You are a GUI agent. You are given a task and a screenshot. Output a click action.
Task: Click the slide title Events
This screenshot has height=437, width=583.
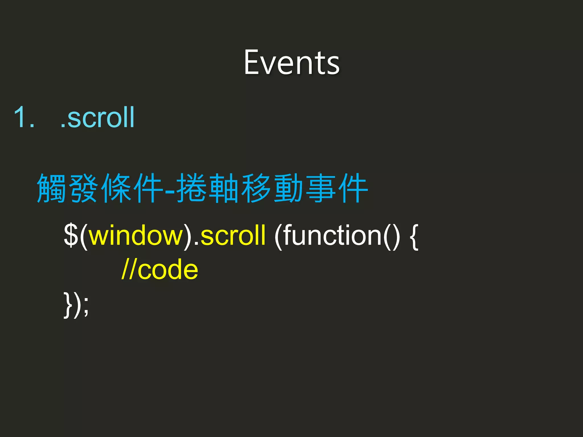[291, 63]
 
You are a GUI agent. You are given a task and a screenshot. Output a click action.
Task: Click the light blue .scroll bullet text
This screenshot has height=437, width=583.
[97, 117]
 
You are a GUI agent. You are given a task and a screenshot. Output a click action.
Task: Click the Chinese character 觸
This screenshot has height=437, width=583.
[52, 188]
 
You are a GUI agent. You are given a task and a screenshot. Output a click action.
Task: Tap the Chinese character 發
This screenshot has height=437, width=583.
[84, 188]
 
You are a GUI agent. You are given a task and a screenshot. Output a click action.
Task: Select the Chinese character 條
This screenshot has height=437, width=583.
[117, 188]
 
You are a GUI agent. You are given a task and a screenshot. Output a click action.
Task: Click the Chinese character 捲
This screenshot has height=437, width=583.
[191, 188]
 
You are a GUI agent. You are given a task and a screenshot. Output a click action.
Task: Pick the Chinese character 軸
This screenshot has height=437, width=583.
[224, 188]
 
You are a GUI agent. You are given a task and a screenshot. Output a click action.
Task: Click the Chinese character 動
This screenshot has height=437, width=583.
[289, 188]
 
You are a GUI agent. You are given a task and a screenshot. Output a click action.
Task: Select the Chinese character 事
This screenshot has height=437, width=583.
[321, 188]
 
